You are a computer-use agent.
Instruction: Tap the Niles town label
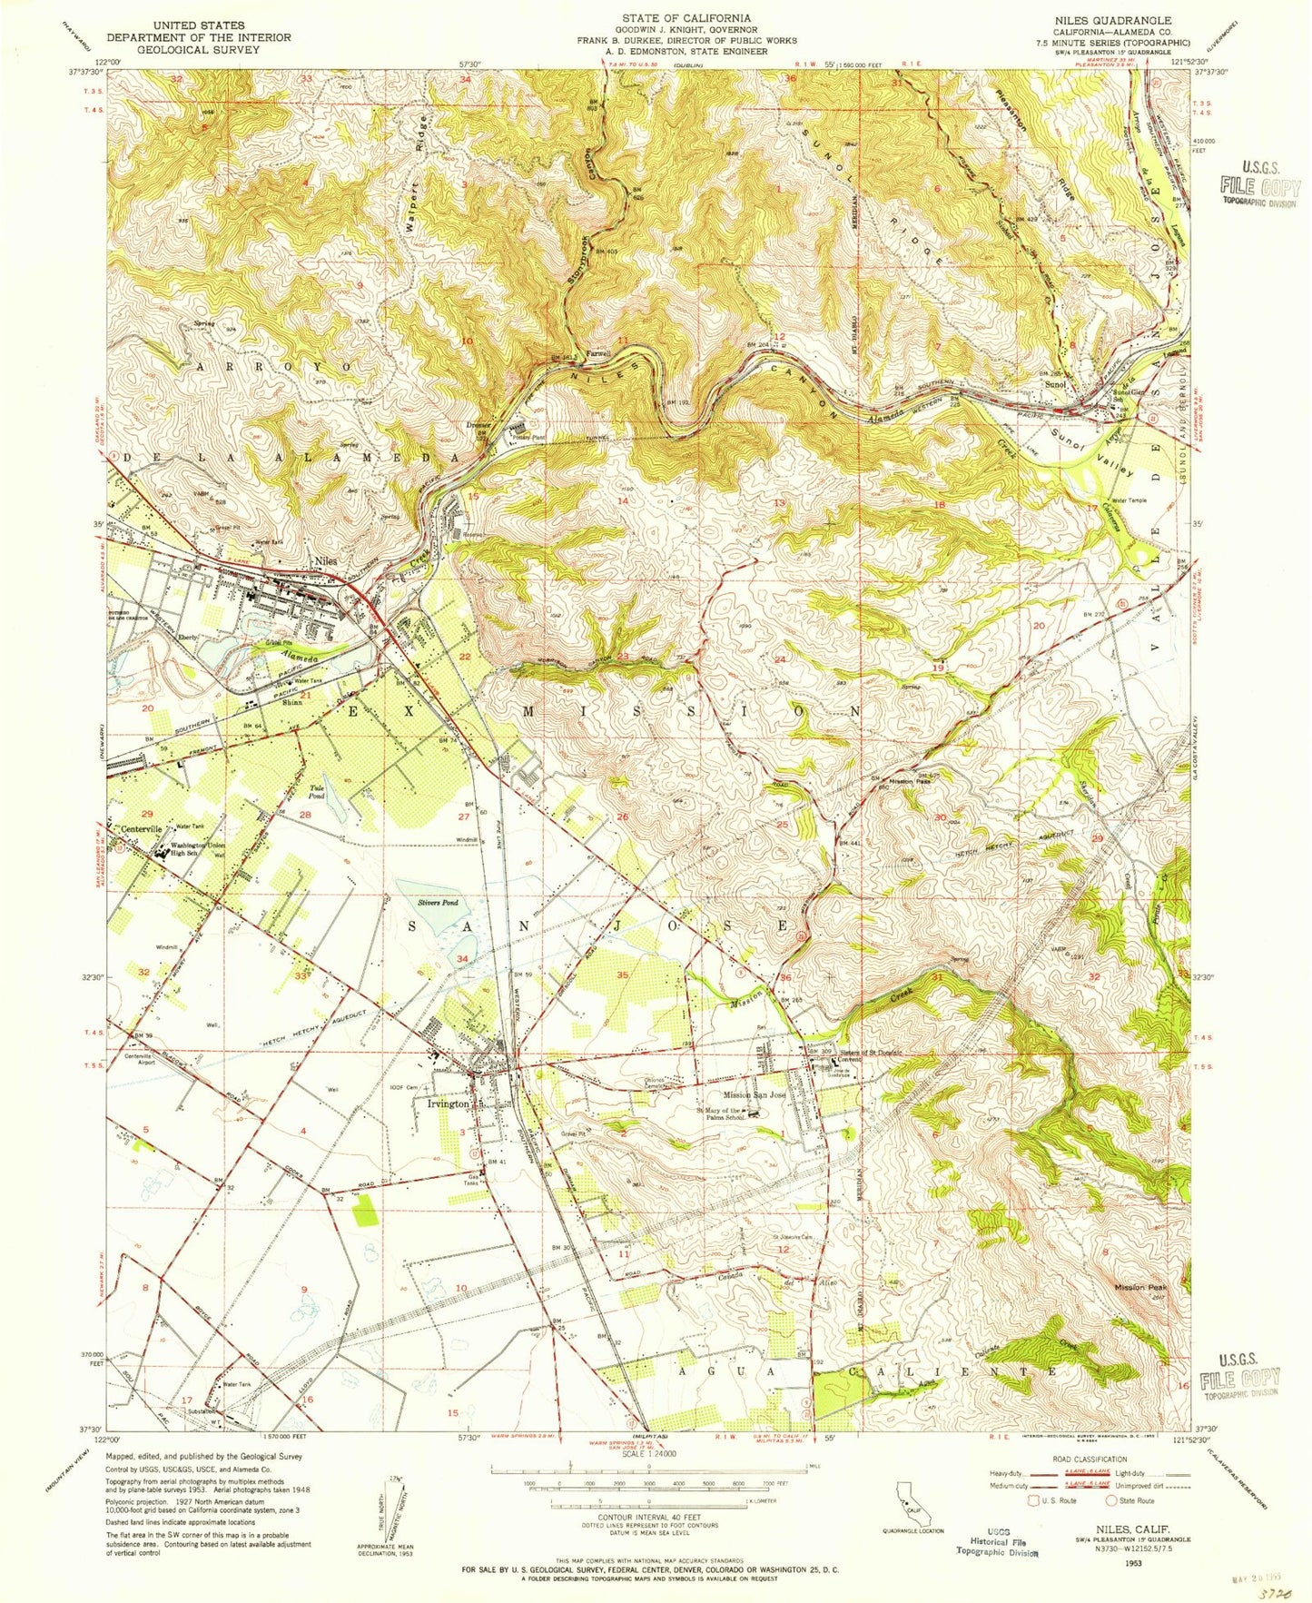tap(325, 561)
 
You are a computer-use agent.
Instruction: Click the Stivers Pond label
tap(438, 904)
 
